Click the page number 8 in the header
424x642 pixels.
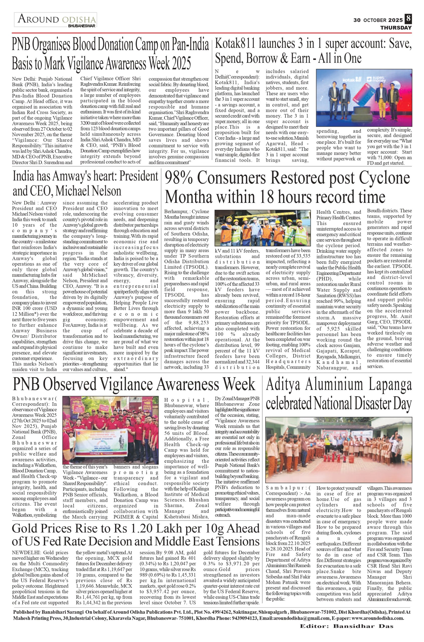coord(408,19)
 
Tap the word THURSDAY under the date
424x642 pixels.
coord(396,28)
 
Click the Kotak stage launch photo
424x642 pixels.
coord(364,98)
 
